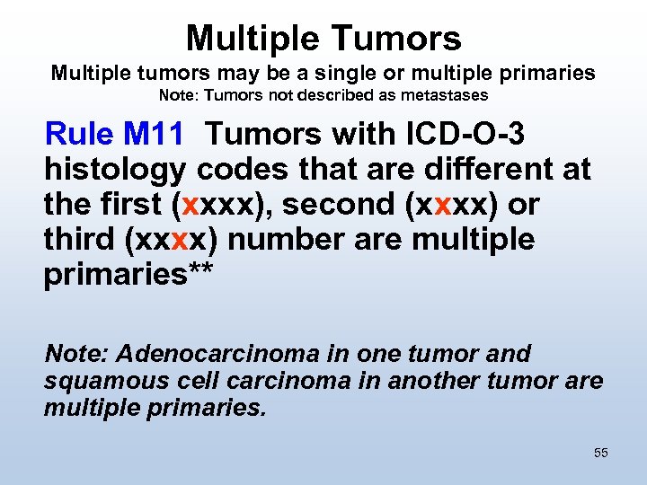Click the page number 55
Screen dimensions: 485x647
[601, 453]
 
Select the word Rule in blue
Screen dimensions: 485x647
[78, 135]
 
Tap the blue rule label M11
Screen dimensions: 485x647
[154, 135]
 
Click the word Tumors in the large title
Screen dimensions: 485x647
[397, 38]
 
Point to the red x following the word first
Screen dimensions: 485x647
[190, 205]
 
